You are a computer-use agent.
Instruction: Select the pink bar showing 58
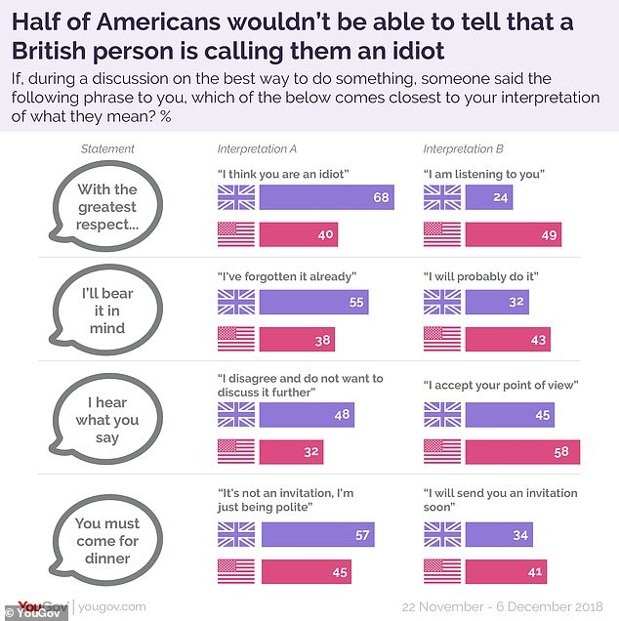(x=522, y=452)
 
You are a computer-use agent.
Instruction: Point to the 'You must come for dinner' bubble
(x=107, y=540)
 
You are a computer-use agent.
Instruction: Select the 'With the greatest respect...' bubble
(x=107, y=205)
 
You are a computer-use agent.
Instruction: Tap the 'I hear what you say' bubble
(x=107, y=421)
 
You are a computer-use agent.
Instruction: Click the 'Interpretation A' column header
(x=258, y=148)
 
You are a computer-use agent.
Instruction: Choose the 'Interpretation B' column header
(x=465, y=148)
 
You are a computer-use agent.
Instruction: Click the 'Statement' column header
(x=107, y=148)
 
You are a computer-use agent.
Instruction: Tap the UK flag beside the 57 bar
(x=235, y=533)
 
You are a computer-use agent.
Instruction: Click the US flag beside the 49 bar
(x=441, y=234)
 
